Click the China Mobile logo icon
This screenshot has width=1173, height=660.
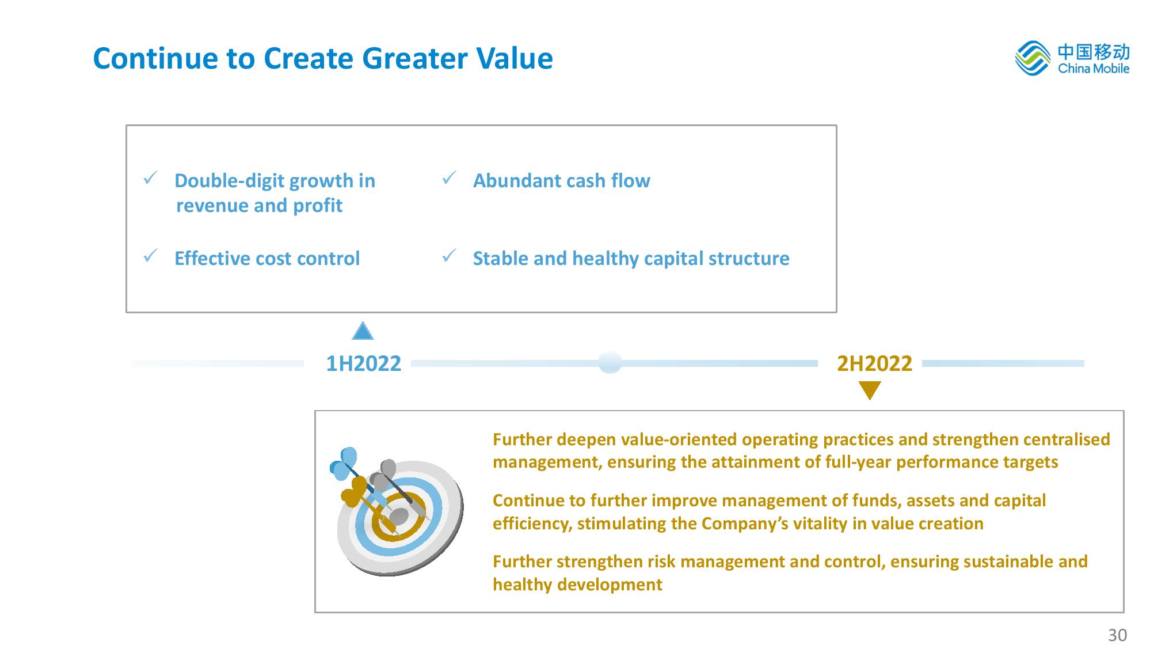point(1033,58)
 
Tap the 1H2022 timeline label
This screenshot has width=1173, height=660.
point(363,363)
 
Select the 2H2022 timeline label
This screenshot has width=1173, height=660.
point(874,363)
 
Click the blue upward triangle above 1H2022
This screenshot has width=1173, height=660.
point(363,331)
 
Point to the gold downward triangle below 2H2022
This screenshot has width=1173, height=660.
point(870,390)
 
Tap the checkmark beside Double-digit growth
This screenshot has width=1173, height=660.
point(151,179)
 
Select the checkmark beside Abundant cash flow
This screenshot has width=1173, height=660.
point(450,179)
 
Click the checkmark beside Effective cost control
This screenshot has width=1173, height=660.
point(151,256)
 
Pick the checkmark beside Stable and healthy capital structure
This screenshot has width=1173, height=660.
point(450,256)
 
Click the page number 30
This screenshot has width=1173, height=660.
point(1117,635)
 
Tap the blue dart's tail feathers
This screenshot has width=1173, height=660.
point(343,464)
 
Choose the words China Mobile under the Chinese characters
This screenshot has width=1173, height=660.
point(1094,69)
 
